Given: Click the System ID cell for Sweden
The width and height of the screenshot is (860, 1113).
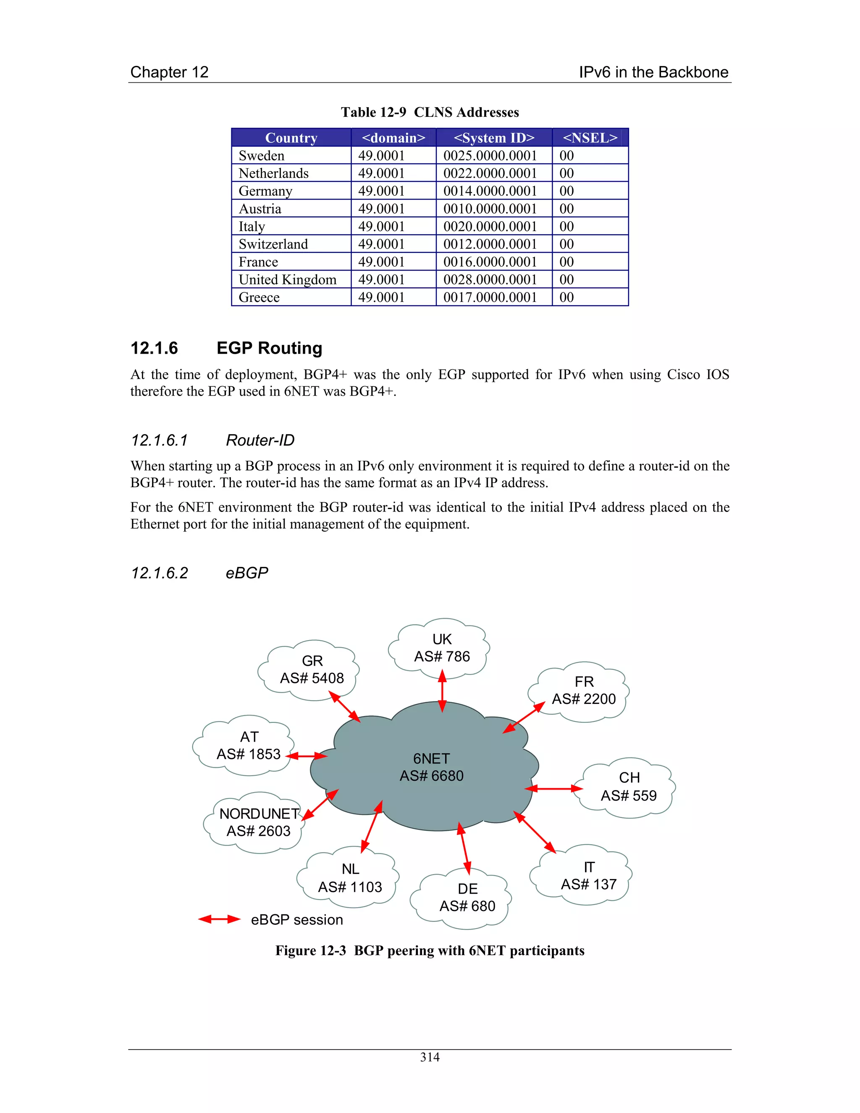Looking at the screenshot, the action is point(490,155).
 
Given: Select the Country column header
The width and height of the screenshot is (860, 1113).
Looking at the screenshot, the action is point(291,138).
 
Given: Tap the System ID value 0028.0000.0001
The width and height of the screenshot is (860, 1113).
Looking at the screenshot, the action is point(490,279).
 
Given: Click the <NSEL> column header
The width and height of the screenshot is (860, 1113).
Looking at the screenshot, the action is point(590,138).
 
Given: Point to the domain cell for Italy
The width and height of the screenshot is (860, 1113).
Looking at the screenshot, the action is point(381,226).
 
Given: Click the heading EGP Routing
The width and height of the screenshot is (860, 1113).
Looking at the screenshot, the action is point(269,348).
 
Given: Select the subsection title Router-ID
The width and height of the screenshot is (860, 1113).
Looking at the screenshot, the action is point(260,440).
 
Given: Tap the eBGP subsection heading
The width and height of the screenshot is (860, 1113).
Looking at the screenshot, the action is point(246,573).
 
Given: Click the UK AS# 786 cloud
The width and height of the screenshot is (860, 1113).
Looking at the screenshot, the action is point(441,648).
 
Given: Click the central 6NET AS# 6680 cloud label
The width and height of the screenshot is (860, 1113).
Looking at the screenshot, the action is point(432,767).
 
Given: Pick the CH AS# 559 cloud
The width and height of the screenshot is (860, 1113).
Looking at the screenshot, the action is point(629,787).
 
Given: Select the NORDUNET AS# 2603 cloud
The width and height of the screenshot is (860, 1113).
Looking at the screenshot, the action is point(258,822).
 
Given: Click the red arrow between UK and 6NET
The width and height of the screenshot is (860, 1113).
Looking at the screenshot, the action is point(442,690).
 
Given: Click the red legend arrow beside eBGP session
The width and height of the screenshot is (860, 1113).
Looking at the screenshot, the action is point(219,919).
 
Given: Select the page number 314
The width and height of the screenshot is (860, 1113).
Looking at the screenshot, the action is point(430,1057).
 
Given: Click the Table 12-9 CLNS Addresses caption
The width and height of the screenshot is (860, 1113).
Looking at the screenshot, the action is point(430,112).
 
